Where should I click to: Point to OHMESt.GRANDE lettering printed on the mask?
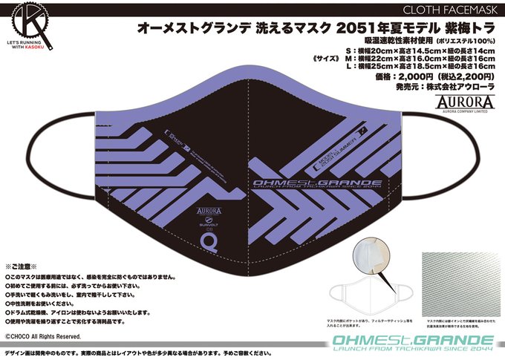click(x=316, y=184)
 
